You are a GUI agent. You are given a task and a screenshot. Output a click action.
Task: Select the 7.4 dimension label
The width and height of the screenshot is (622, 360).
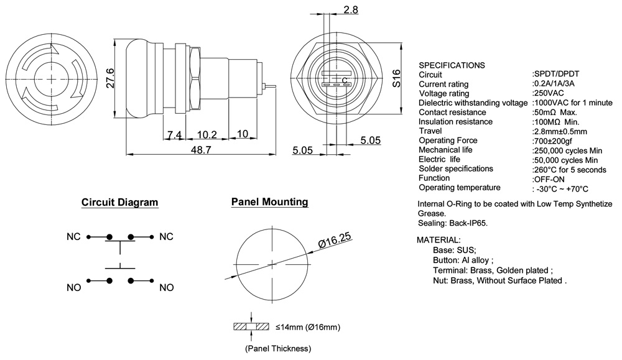click(174, 134)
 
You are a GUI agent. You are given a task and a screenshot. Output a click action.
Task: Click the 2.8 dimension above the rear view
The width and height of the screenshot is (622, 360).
click(350, 9)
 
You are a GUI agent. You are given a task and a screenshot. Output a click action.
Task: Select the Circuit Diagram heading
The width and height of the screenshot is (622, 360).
click(120, 203)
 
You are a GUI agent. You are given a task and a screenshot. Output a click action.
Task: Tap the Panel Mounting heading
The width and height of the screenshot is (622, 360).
click(269, 202)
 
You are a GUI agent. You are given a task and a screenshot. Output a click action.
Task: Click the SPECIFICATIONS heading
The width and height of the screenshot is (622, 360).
click(452, 65)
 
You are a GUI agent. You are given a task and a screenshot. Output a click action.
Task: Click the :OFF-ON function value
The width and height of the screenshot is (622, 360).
click(549, 178)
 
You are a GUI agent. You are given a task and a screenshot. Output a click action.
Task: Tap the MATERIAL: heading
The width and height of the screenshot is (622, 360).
click(439, 240)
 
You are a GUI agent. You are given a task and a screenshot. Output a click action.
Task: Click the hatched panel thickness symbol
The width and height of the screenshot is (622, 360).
click(251, 327)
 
